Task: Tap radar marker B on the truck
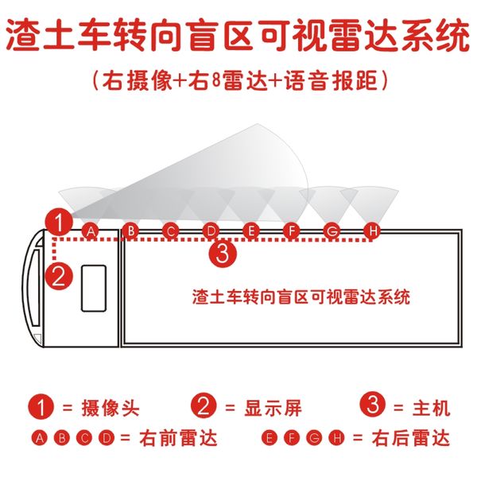click(131, 231)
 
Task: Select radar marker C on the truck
click(170, 231)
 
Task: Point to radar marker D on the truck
click(210, 231)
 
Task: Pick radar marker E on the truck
click(250, 231)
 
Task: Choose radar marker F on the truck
click(291, 231)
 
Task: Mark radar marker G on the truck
click(332, 231)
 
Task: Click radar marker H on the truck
click(371, 231)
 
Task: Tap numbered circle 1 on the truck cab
click(57, 219)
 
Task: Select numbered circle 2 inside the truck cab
click(58, 277)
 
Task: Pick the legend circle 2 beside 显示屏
click(204, 407)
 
